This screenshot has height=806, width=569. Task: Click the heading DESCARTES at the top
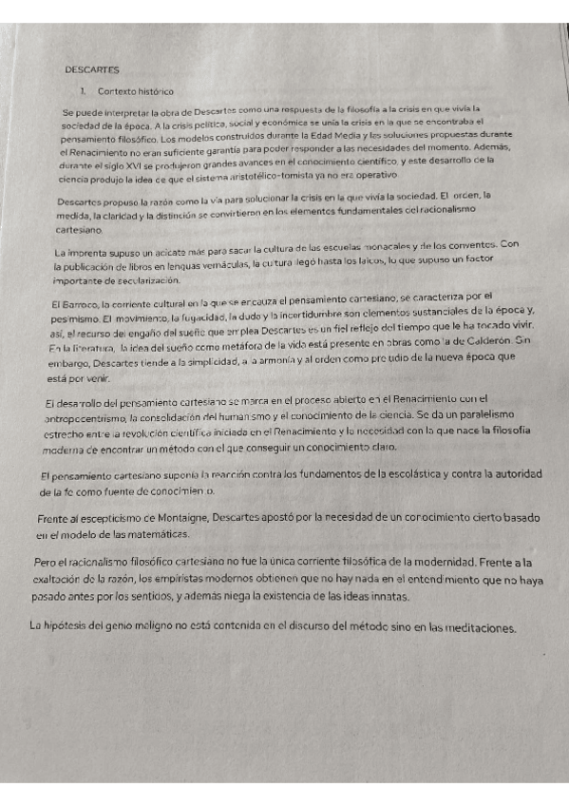coord(91,70)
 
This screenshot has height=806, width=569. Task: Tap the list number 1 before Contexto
coord(85,91)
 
